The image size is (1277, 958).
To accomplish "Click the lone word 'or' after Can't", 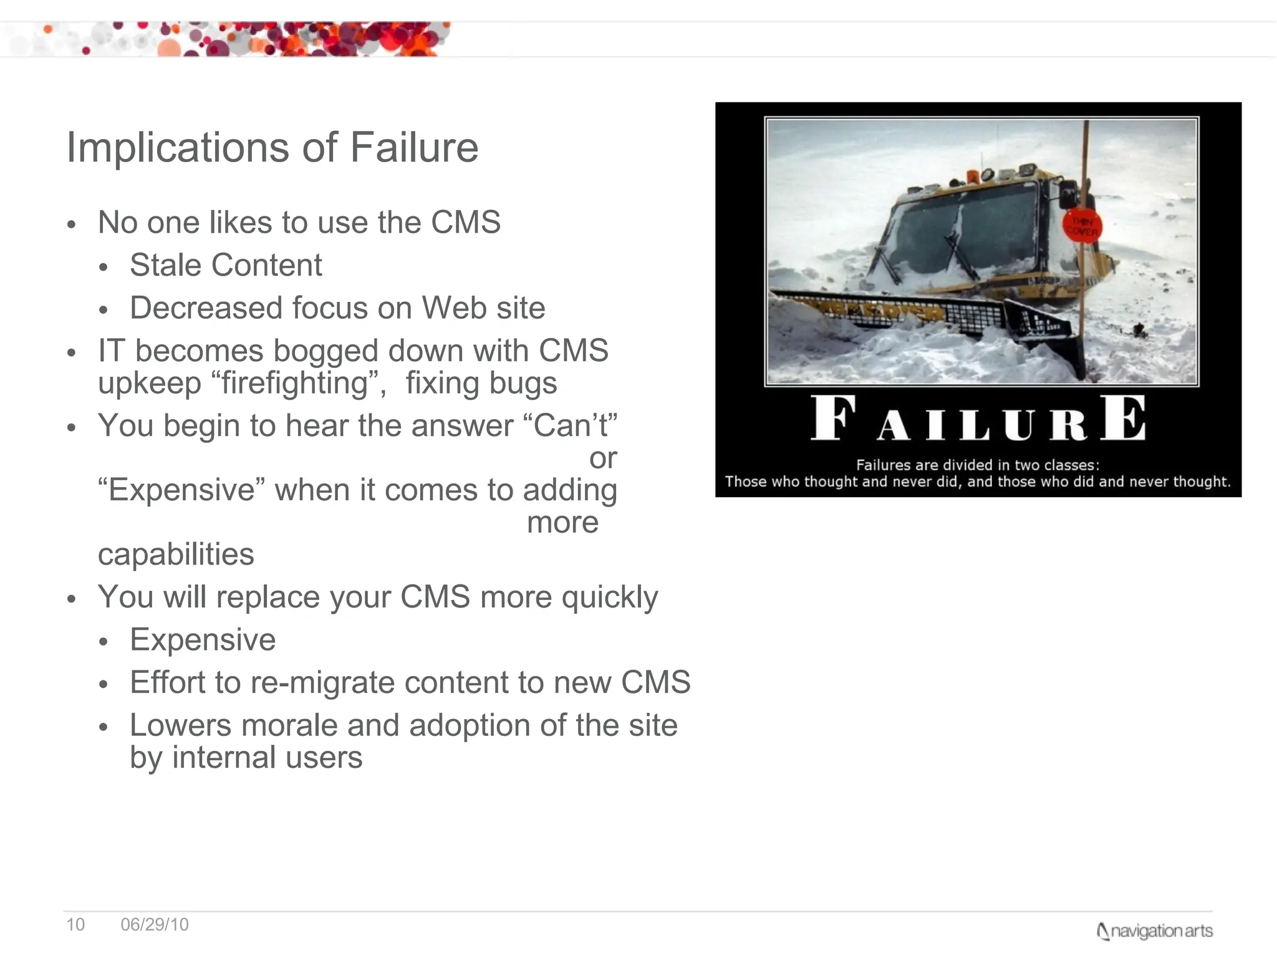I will (x=603, y=459).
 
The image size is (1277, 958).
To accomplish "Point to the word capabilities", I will (x=176, y=554).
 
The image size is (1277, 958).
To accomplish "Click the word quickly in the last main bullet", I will (x=609, y=598).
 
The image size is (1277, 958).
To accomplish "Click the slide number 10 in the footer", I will (x=75, y=924).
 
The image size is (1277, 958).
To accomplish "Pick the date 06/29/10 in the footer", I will (x=155, y=924).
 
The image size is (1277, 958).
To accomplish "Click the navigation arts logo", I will (x=1154, y=931).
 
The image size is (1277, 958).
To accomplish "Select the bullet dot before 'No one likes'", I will (x=72, y=225).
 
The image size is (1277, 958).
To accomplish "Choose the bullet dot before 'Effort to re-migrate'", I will (x=104, y=684).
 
